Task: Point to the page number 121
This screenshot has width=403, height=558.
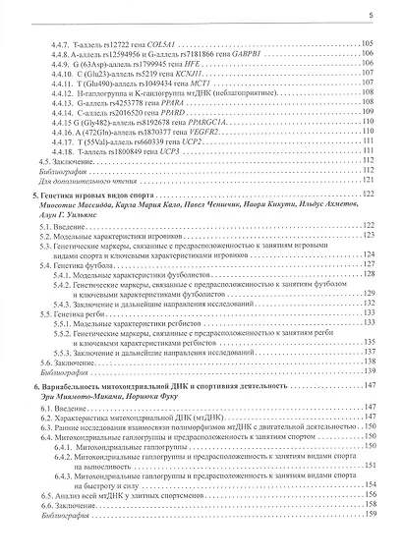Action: point(368,180)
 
